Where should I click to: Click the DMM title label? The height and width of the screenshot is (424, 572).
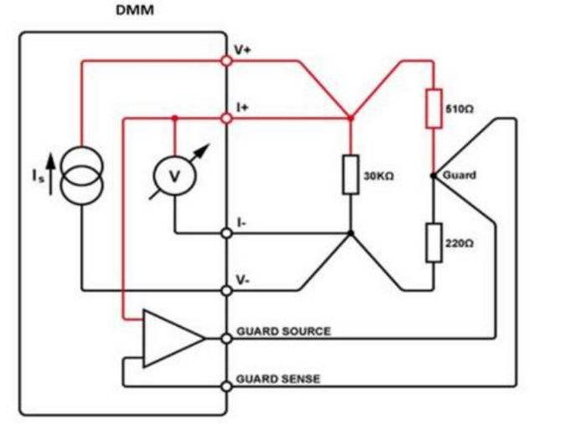click(135, 10)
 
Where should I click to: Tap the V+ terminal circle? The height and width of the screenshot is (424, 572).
click(226, 61)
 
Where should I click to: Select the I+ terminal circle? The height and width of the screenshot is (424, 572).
click(226, 119)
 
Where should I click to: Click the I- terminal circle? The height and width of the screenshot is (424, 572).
click(226, 233)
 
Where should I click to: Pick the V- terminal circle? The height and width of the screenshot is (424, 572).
click(226, 291)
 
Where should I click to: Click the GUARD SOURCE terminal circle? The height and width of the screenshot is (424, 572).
click(226, 339)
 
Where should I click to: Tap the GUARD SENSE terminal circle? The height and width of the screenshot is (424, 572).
click(226, 386)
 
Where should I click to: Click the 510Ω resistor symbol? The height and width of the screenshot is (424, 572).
click(434, 109)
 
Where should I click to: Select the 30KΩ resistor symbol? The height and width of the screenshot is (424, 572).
click(351, 175)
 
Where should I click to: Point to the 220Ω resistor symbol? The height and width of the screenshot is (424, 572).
click(434, 243)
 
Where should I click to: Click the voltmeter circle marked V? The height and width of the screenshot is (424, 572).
click(175, 176)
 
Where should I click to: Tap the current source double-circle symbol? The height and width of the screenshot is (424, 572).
click(82, 176)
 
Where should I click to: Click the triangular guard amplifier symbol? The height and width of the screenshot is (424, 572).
click(173, 339)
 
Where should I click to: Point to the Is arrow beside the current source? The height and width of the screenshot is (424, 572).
click(51, 174)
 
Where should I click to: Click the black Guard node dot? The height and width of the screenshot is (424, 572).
click(433, 176)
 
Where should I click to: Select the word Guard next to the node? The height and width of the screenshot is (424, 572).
click(459, 176)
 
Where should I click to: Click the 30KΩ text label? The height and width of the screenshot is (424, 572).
click(379, 176)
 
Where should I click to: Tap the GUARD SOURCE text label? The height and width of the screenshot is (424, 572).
click(284, 331)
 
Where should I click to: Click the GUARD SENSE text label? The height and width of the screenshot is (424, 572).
click(278, 379)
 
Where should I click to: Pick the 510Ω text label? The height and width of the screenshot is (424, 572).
click(459, 109)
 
